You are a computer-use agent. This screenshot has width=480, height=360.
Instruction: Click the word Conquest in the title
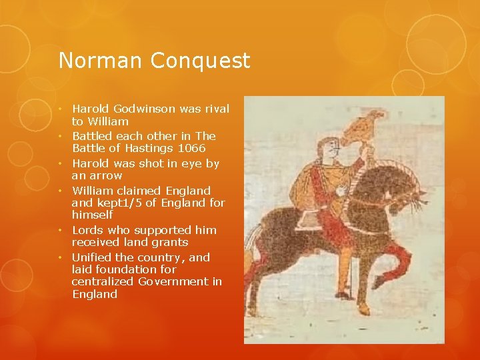[200, 61]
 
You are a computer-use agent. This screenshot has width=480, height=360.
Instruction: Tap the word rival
[214, 109]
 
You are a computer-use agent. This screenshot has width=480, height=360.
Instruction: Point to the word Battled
[93, 136]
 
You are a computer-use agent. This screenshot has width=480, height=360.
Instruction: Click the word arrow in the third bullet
[106, 175]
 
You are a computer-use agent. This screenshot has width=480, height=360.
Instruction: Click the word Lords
[88, 230]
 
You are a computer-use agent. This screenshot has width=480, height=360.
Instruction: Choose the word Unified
[92, 257]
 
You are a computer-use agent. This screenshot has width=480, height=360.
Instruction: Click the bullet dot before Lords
[60, 230]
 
